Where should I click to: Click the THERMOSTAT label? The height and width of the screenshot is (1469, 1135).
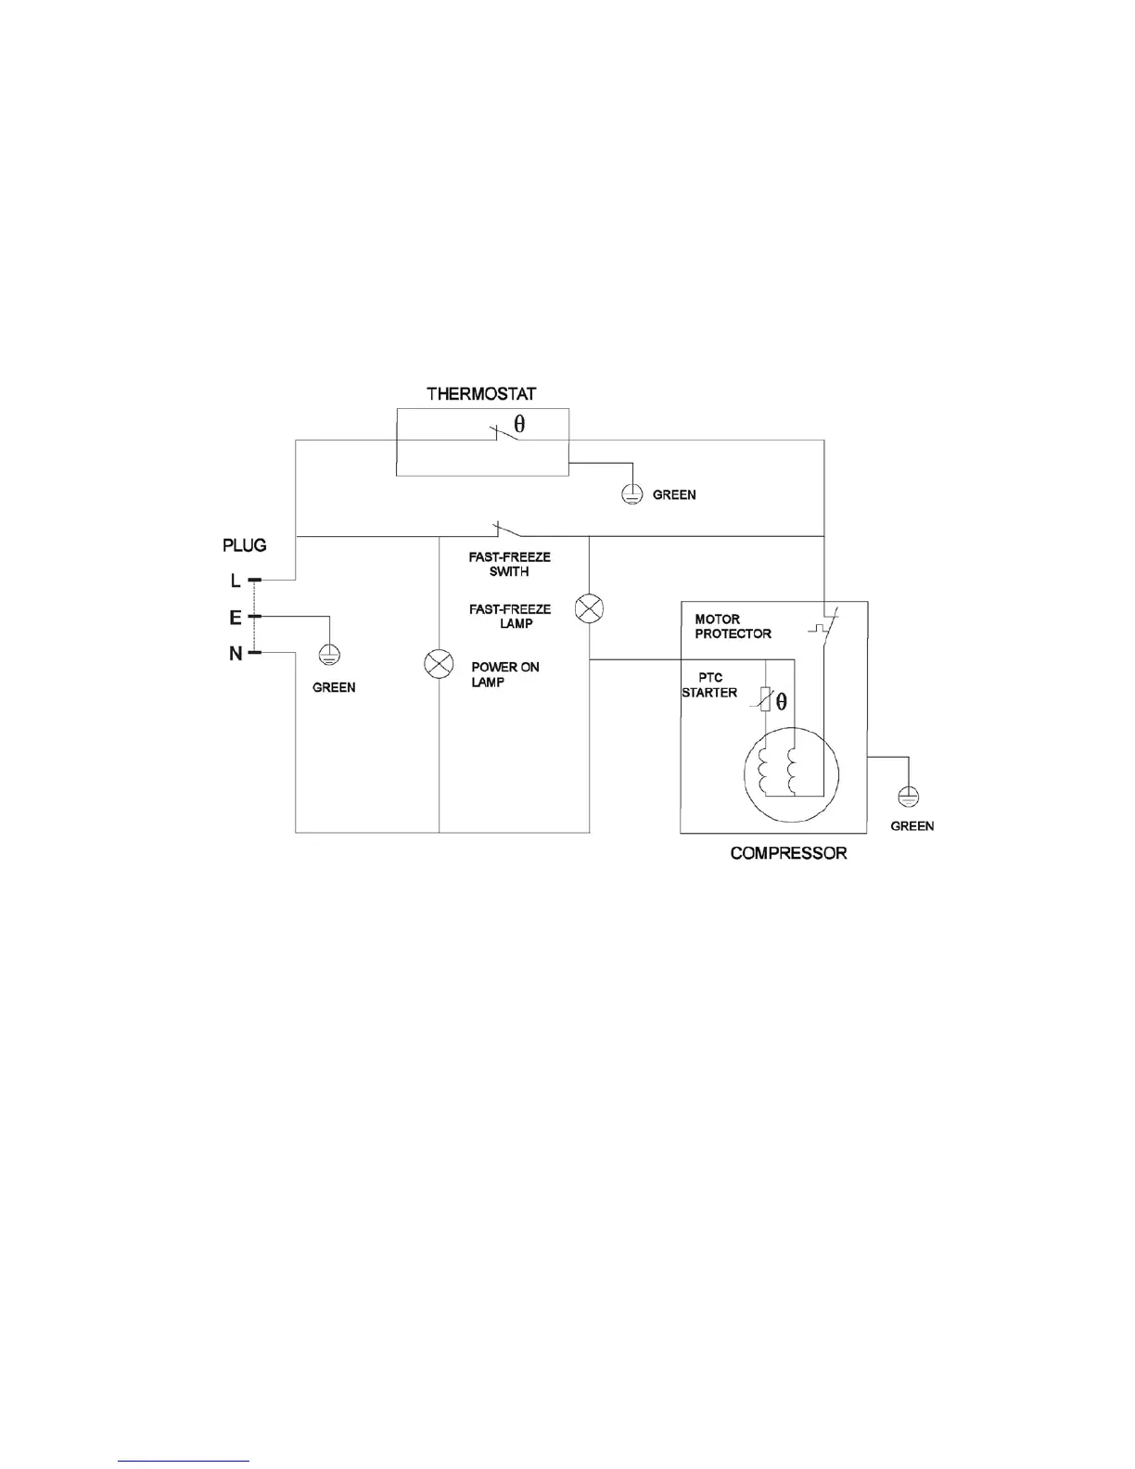[480, 394]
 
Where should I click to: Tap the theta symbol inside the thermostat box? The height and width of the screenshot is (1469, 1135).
[519, 424]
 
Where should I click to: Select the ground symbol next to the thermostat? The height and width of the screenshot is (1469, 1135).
[631, 494]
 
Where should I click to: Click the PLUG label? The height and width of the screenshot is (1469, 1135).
[245, 545]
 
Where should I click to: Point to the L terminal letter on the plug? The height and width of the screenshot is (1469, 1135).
[236, 581]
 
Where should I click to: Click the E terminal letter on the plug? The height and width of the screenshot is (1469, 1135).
[236, 617]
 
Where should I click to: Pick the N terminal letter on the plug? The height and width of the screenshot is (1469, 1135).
[236, 654]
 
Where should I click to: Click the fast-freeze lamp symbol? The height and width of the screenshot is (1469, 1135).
[590, 609]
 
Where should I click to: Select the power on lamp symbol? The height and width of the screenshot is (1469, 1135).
[439, 664]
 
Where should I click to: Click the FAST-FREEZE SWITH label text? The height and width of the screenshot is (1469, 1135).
[509, 565]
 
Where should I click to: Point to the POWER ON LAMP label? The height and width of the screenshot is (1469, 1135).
[504, 674]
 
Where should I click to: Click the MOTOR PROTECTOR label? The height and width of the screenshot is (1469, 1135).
[733, 626]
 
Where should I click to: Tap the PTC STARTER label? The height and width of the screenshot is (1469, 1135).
[709, 685]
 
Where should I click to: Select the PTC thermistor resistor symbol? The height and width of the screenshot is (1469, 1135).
[765, 701]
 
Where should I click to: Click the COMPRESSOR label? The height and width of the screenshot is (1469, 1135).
[788, 853]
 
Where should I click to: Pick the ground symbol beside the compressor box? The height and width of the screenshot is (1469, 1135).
[909, 796]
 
